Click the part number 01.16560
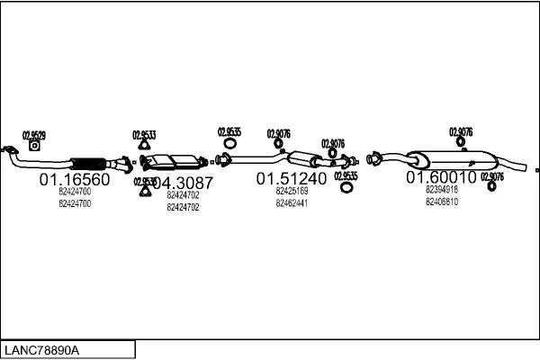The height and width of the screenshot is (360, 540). point(74,180)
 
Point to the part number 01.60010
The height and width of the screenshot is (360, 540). point(440,177)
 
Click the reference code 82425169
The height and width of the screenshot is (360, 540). point(292,191)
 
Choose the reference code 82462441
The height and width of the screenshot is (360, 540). point(292,203)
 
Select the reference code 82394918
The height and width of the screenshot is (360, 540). point(442,190)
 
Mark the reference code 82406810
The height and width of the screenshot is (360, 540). point(442,202)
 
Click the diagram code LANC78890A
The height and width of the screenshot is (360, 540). point(42,349)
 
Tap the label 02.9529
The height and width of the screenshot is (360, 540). point(33,134)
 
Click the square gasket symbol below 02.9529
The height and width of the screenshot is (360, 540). point(34,145)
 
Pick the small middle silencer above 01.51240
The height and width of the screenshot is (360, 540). point(311,160)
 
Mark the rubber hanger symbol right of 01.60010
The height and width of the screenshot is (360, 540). point(490,186)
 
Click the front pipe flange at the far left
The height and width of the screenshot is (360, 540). point(10,151)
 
